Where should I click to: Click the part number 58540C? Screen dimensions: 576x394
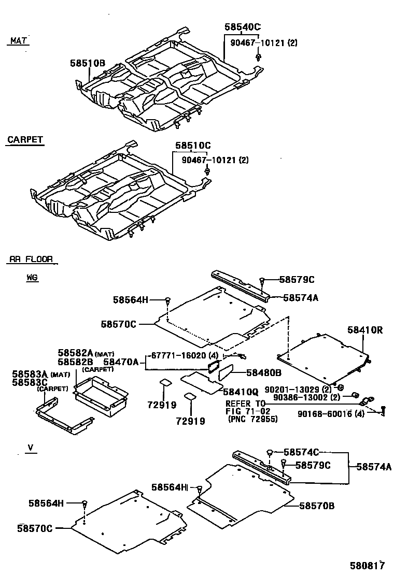[x=242, y=27]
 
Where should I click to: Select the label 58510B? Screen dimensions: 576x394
[x=88, y=63]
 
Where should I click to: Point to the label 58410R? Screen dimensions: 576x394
[x=365, y=330]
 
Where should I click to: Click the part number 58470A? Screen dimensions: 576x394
[x=121, y=363]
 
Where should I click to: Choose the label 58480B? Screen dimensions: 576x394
[x=263, y=372]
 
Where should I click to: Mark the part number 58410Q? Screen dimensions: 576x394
[x=240, y=392]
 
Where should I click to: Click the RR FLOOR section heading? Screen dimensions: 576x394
[x=31, y=259]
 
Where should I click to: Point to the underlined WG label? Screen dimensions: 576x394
[x=32, y=278]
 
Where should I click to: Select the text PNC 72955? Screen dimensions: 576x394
[x=252, y=419]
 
